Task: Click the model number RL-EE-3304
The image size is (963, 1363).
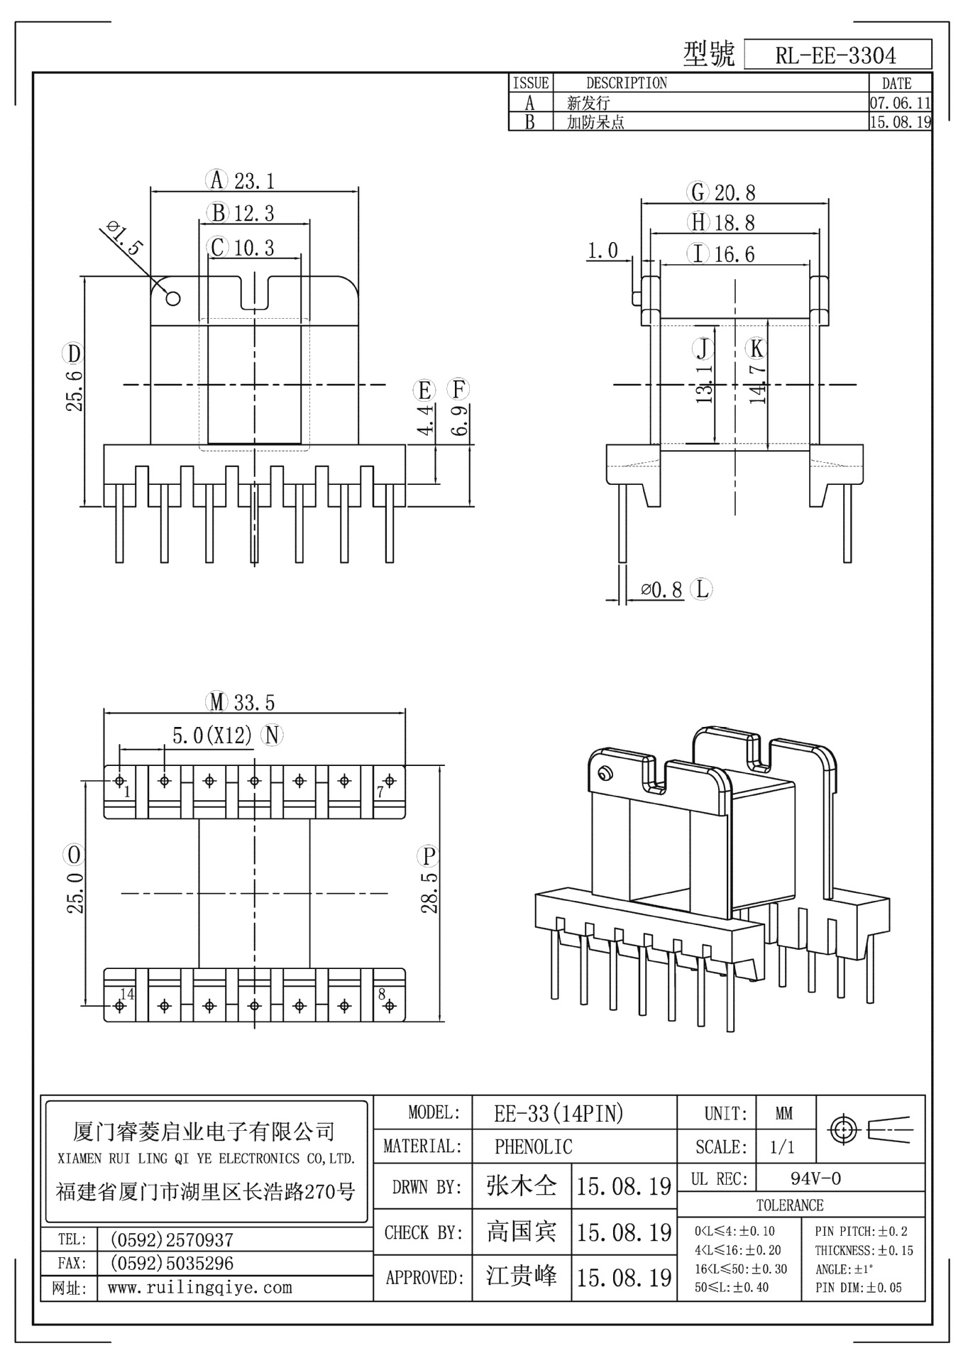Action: pos(836,55)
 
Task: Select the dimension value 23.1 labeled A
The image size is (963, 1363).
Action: pos(254,181)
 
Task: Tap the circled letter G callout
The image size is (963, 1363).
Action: pos(698,192)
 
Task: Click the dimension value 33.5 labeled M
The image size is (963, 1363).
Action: pos(254,703)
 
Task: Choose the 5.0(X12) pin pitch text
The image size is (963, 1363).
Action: pos(212,736)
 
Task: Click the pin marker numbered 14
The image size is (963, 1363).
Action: pos(119,1005)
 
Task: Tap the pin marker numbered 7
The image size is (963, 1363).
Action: pos(389,781)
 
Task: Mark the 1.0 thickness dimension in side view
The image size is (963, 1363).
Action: pos(603,251)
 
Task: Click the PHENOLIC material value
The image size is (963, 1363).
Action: pos(533,1146)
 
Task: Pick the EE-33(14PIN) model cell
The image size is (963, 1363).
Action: pos(558,1113)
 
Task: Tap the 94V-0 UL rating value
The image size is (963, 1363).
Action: pos(815,1179)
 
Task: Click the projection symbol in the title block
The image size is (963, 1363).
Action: pos(870,1129)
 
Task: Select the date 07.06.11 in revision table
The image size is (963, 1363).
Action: pos(900,103)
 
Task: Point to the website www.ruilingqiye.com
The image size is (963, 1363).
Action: pos(199,1288)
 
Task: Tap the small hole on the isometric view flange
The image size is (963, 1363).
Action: pos(605,773)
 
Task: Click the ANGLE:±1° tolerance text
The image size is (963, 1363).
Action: pos(844,1269)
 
